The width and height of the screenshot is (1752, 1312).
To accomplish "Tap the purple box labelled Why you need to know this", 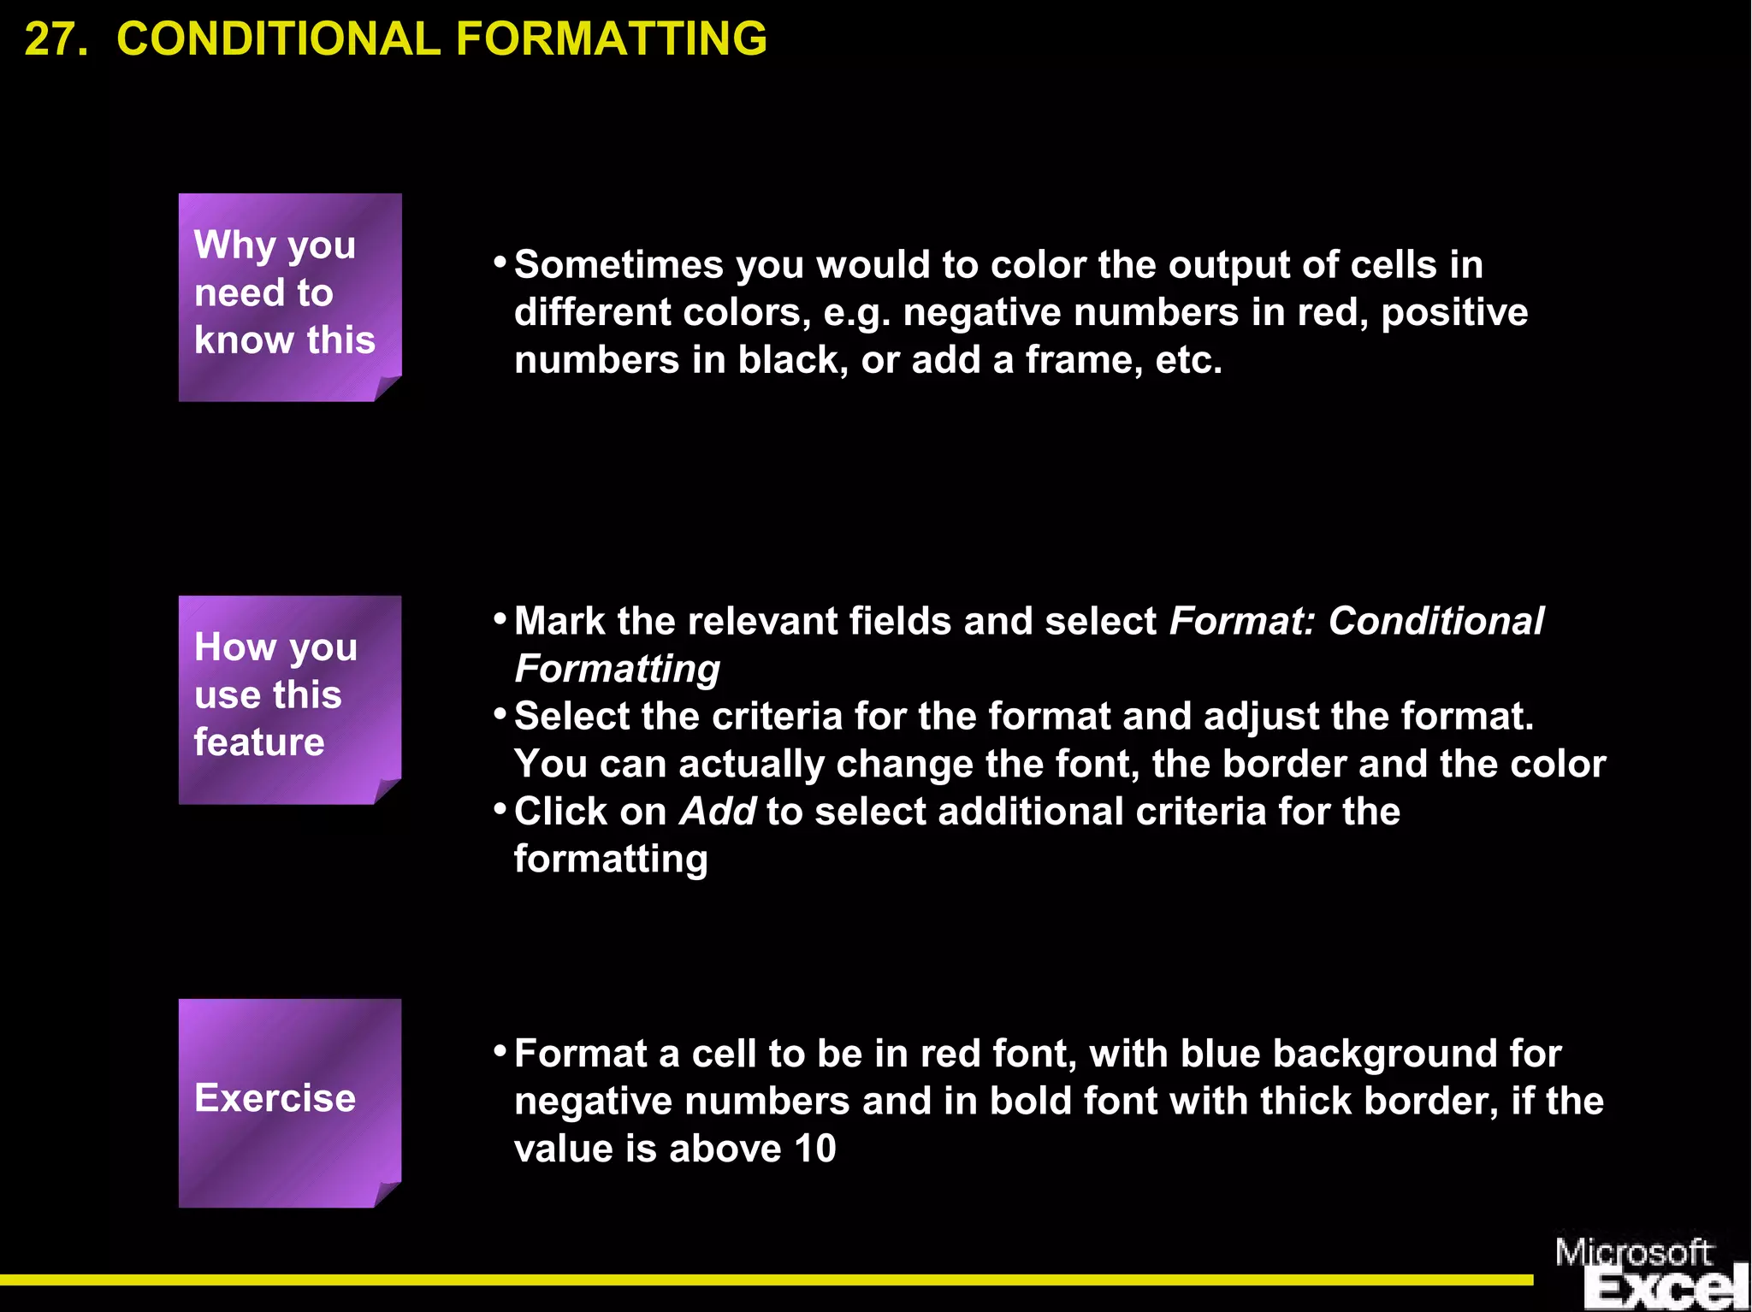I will (x=289, y=296).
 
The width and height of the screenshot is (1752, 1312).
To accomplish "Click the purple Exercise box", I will (x=289, y=1102).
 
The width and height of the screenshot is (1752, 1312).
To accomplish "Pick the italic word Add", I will (x=717, y=812).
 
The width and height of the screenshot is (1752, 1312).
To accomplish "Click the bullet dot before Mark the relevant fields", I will (x=500, y=618).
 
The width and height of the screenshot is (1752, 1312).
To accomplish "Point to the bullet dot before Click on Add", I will (x=500, y=808).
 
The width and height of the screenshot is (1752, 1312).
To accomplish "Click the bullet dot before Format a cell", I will (x=500, y=1050).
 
